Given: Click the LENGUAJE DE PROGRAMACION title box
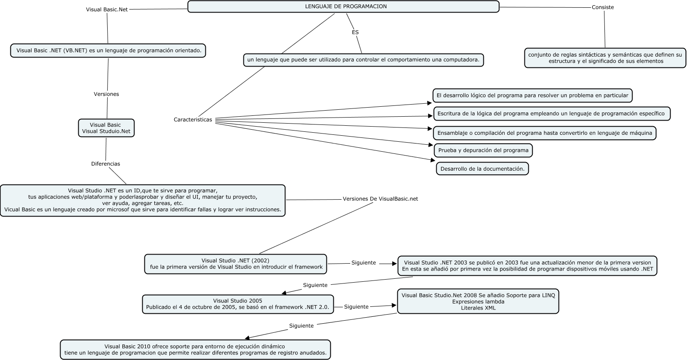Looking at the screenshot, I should pyautogui.click(x=343, y=6).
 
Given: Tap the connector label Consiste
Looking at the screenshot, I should pyautogui.click(x=603, y=7).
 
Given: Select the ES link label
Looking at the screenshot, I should pyautogui.click(x=355, y=32).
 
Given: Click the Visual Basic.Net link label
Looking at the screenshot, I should pyautogui.click(x=107, y=9).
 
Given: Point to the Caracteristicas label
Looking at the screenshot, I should pyautogui.click(x=193, y=120).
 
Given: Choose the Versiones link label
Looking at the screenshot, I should pyautogui.click(x=106, y=94).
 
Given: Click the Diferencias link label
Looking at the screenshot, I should pyautogui.click(x=105, y=164).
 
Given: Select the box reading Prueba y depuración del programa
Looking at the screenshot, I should pyautogui.click(x=483, y=150).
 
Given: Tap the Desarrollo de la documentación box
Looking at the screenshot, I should pyautogui.click(x=482, y=169).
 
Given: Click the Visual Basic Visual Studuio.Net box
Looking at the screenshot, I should pyautogui.click(x=106, y=128).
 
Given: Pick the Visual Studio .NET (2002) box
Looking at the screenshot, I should pyautogui.click(x=236, y=264).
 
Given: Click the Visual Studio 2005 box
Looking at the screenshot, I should pyautogui.click(x=237, y=304).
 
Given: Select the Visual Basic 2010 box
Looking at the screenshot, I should pyautogui.click(x=195, y=350).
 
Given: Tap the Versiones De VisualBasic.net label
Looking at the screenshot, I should pyautogui.click(x=380, y=199).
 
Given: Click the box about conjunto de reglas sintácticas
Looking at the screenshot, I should pyautogui.click(x=605, y=58).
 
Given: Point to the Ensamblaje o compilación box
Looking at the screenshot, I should pyautogui.click(x=544, y=133).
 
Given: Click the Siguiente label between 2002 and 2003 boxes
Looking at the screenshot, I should pyautogui.click(x=364, y=263).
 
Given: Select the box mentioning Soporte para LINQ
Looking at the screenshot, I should pyautogui.click(x=478, y=301).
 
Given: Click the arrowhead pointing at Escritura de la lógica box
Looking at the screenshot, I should pyautogui.click(x=430, y=115).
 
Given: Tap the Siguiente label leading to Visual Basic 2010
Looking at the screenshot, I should pyautogui.click(x=301, y=326).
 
